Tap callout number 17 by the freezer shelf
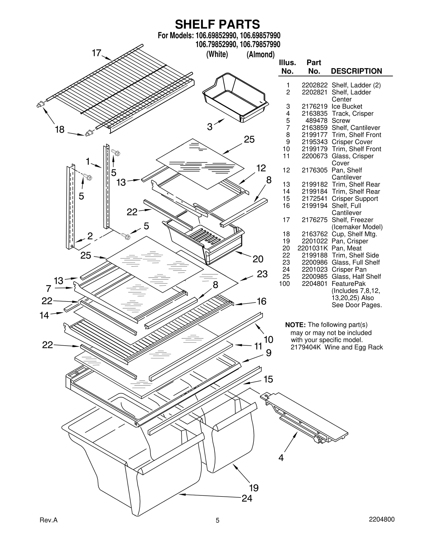point(96,53)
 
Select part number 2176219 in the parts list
point(314,107)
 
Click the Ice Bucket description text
point(347,107)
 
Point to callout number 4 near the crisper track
point(281,457)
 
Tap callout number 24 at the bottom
point(247,498)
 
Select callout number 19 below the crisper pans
point(253,487)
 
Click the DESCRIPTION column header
point(356,71)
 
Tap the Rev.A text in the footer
point(49,520)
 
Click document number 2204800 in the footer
point(381,519)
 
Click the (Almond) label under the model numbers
point(260,55)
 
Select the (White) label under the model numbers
point(217,54)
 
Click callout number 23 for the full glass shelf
point(262,274)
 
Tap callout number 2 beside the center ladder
point(90,236)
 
